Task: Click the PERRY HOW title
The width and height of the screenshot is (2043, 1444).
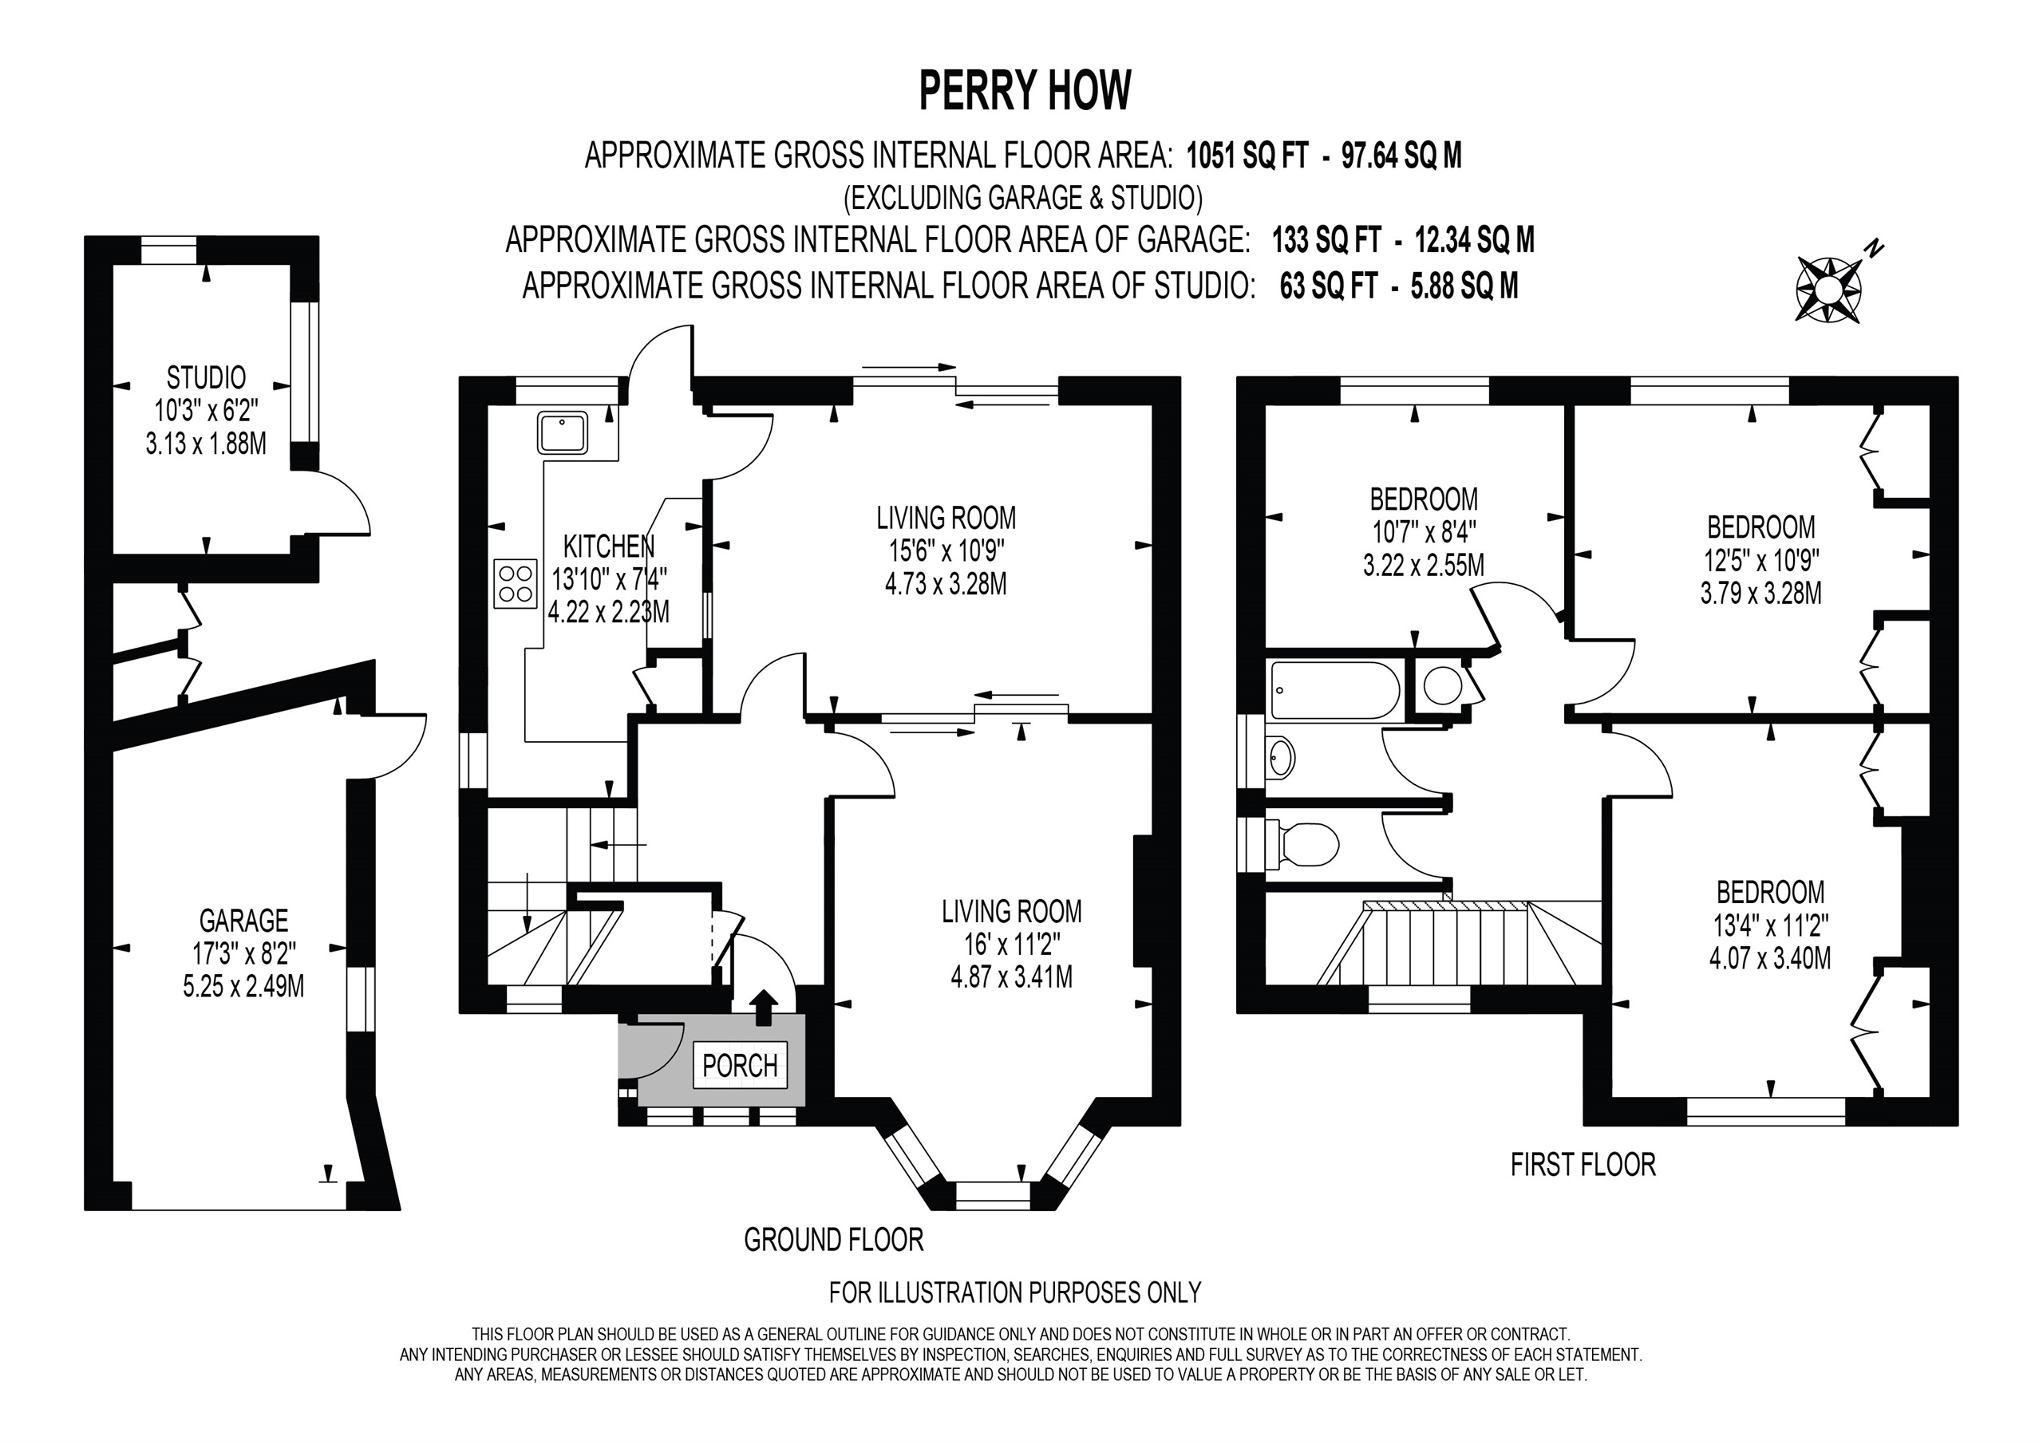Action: (x=1025, y=91)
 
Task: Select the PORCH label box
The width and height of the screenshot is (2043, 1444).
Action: (x=741, y=1065)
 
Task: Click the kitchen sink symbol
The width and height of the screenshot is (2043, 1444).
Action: (x=562, y=432)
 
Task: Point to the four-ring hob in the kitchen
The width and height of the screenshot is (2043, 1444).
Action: (x=516, y=584)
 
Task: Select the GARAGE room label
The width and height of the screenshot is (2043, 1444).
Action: (x=244, y=920)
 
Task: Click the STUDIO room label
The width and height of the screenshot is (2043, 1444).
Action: (x=207, y=378)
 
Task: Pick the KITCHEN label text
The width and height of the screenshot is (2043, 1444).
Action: (x=610, y=546)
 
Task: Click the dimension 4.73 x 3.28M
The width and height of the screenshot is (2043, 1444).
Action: (x=946, y=585)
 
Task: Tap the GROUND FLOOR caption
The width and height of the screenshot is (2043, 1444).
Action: (x=834, y=1239)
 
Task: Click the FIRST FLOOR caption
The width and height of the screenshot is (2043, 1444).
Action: (x=1583, y=1165)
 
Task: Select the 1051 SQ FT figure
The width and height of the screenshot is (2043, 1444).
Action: (x=1247, y=156)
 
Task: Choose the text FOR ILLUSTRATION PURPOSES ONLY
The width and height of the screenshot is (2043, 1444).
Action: (x=1015, y=1292)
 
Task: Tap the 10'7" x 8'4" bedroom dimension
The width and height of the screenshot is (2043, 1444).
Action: (x=1424, y=532)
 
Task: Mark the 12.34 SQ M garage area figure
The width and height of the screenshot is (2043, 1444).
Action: (x=1475, y=240)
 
